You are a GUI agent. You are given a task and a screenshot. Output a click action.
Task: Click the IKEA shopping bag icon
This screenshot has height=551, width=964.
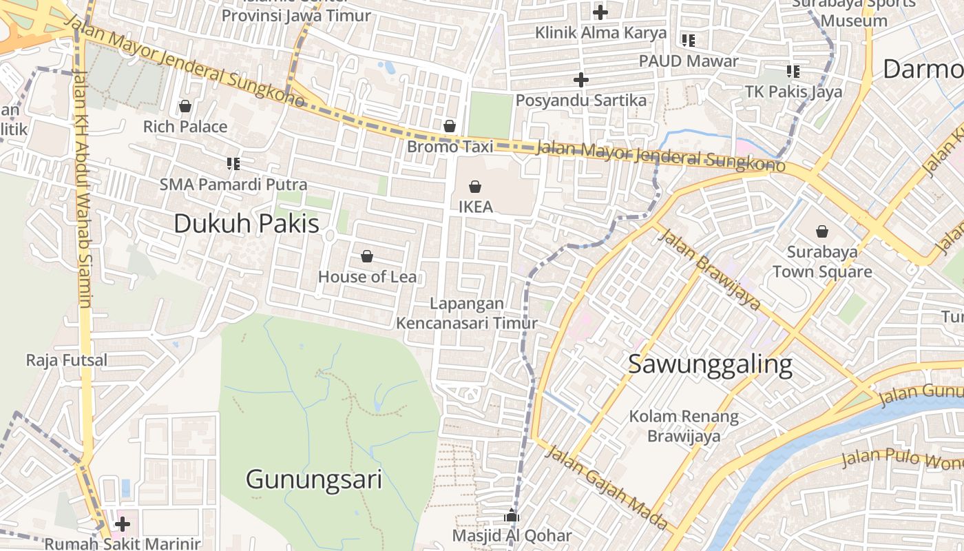tap(475, 186)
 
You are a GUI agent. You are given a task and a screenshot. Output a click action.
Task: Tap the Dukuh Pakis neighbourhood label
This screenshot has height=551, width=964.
tap(247, 224)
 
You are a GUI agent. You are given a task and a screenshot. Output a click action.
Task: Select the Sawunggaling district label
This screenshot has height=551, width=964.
tap(710, 364)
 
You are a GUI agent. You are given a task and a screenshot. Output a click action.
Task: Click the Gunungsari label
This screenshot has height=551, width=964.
tap(313, 479)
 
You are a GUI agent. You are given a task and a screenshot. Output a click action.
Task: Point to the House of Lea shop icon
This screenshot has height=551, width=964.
tap(367, 257)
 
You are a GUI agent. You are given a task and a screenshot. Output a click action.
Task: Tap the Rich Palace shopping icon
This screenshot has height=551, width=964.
tap(185, 106)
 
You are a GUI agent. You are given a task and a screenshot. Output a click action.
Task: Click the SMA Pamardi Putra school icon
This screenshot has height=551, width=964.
tap(233, 164)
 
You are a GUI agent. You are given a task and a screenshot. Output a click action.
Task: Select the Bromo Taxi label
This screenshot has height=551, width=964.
tap(450, 147)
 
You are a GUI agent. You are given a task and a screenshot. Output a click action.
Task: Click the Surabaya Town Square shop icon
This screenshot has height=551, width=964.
tap(821, 231)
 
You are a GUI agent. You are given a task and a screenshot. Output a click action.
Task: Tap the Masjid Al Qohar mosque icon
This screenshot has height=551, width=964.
tap(511, 515)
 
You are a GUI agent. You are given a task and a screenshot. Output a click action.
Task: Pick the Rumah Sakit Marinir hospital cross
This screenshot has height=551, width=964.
tap(123, 525)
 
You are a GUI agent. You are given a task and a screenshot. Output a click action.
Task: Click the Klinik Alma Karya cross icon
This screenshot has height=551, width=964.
tap(600, 12)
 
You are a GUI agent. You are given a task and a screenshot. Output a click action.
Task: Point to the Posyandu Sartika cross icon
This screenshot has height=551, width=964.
tap(581, 80)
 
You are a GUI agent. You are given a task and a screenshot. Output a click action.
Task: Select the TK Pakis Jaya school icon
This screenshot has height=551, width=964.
tap(793, 71)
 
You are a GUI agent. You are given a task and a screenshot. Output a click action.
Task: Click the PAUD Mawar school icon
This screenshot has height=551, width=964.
tap(688, 41)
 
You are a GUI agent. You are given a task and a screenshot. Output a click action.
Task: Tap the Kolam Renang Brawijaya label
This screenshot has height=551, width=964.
tap(684, 426)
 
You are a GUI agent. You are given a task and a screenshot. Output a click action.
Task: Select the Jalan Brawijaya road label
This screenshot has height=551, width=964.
tap(710, 270)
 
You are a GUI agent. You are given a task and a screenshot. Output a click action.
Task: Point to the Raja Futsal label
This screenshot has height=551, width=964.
tap(67, 360)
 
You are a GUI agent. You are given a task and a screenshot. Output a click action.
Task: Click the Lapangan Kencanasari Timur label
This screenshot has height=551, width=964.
tap(466, 313)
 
